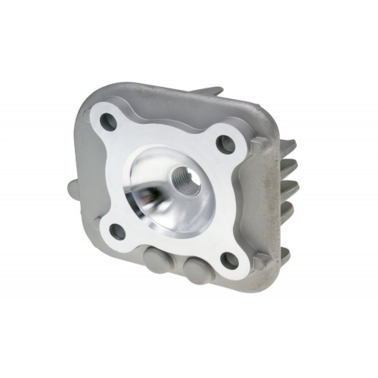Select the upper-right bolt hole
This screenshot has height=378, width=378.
(x=225, y=142)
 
